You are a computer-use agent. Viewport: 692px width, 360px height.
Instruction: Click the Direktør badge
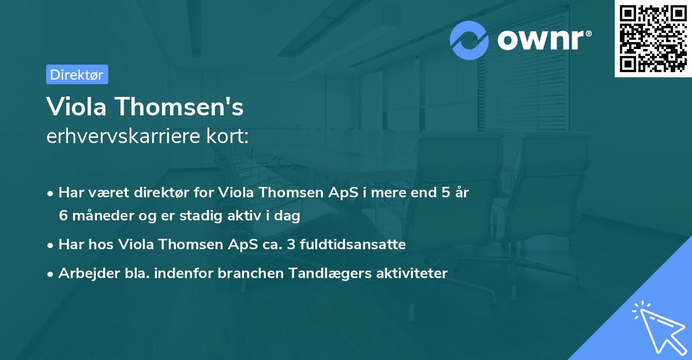(x=77, y=74)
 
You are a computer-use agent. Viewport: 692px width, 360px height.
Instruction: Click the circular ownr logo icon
(x=469, y=40)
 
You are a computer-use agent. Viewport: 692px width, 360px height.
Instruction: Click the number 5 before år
(x=445, y=193)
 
